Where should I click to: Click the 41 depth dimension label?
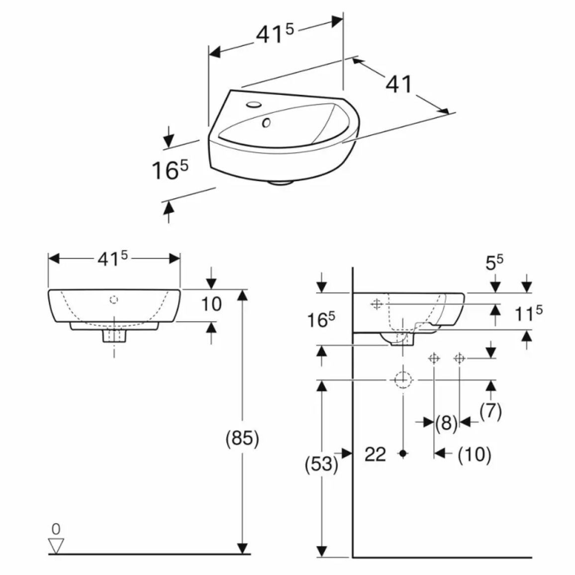point(399,85)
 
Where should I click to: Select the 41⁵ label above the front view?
point(112,259)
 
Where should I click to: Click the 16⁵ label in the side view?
point(321,320)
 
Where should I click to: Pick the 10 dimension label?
point(211,304)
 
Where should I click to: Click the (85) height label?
point(242,438)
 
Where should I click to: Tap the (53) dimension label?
point(321,464)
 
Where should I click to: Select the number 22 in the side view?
point(375,454)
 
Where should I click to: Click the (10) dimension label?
point(474,454)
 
